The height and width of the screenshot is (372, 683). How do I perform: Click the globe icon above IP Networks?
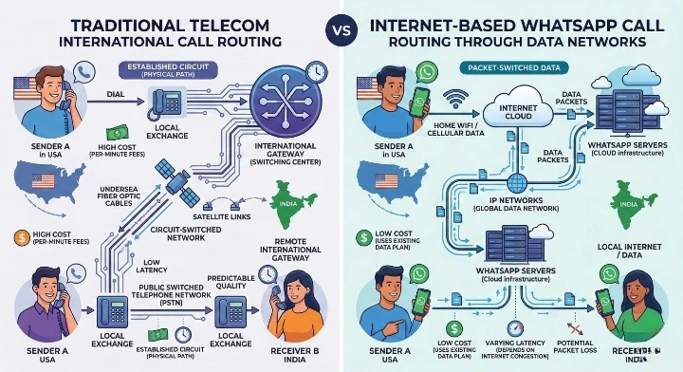click(516, 184)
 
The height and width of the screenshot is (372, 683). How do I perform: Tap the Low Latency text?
click(154, 265)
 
